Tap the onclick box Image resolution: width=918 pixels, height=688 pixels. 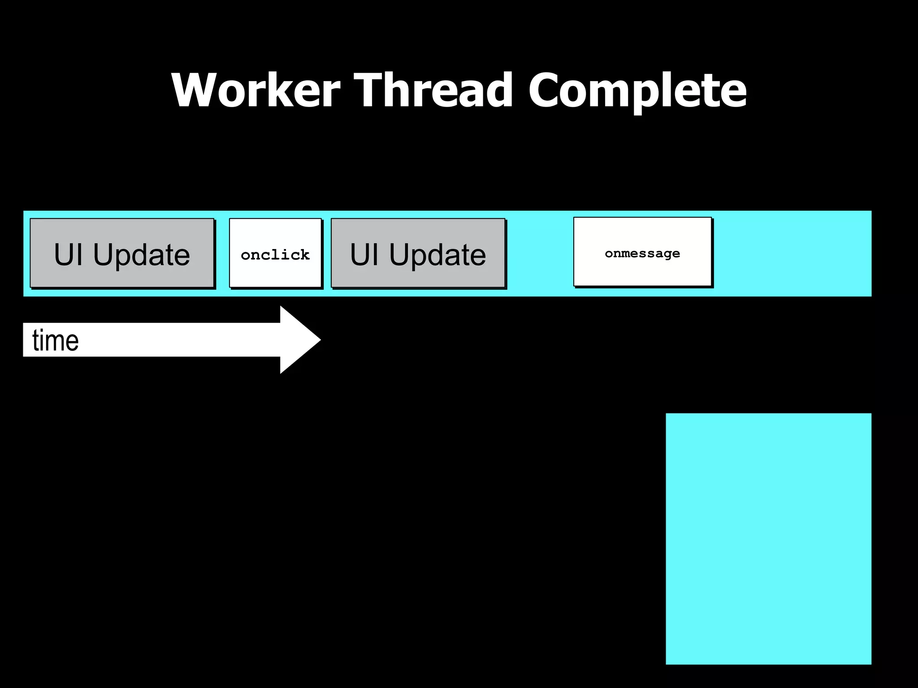point(275,253)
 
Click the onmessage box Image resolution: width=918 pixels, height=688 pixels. point(642,252)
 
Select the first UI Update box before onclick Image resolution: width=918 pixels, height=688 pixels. point(122,253)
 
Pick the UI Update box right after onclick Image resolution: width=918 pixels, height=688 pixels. point(418,253)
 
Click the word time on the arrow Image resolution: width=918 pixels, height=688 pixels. point(56,340)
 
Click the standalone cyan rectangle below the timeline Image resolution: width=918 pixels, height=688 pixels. point(768,538)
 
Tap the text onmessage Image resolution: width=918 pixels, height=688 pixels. point(642,254)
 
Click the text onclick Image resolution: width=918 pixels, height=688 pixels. point(275,255)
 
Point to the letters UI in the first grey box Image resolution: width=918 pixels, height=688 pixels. point(68,254)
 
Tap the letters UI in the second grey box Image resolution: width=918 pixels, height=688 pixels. point(364,254)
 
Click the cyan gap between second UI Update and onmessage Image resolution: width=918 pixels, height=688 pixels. point(540,254)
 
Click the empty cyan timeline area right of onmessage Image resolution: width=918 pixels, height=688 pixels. point(792,254)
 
